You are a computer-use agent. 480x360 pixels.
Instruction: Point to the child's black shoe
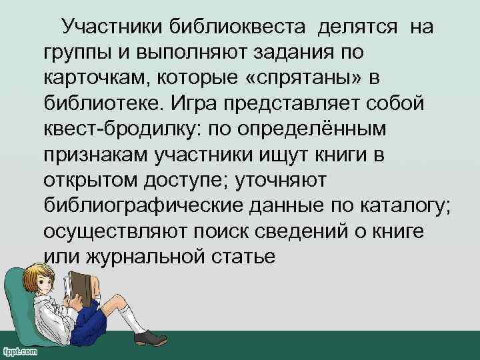tap(150, 337)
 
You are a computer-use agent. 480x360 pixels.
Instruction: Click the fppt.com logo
tap(19, 350)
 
